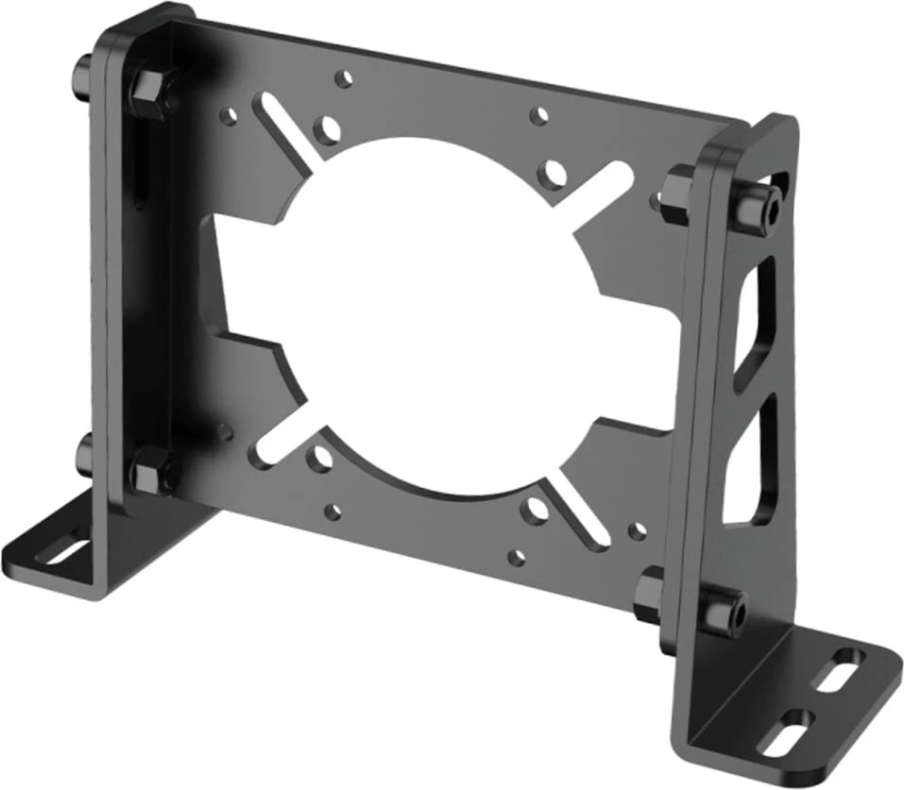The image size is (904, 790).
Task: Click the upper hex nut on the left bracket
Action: click(x=148, y=89)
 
